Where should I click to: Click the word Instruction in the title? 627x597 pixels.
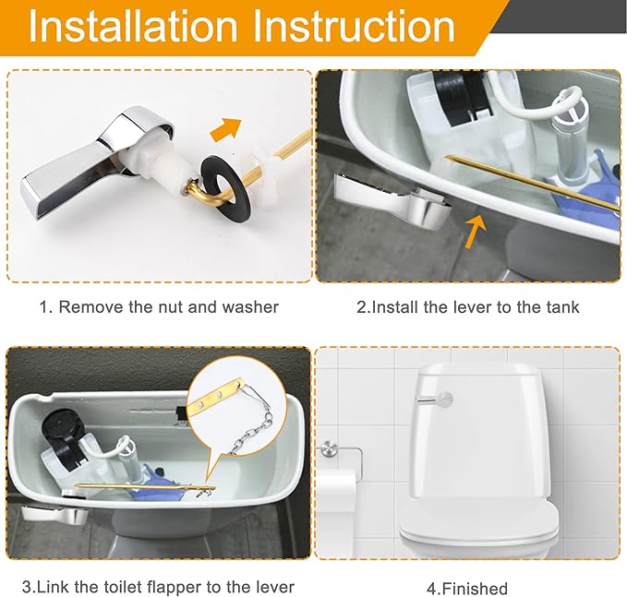(x=355, y=27)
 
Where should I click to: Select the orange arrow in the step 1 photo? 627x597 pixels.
(x=226, y=128)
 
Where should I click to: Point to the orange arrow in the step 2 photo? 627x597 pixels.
(x=475, y=231)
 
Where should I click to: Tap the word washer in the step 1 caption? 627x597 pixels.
(x=250, y=307)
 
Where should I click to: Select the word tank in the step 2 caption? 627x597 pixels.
(x=563, y=307)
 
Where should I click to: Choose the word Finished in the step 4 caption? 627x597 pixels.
(x=475, y=589)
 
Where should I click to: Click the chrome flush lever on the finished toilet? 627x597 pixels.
(x=434, y=399)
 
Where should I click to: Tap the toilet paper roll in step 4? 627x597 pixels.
(x=336, y=493)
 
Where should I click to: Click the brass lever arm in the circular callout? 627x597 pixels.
(x=216, y=396)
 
